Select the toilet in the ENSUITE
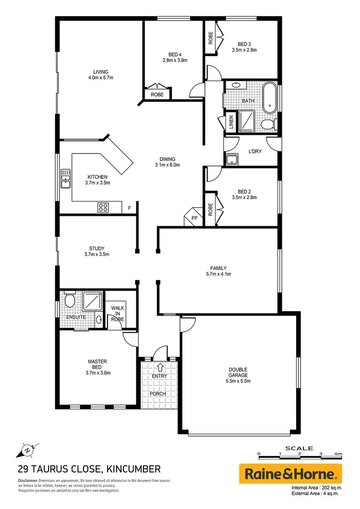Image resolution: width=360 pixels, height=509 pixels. [69, 300]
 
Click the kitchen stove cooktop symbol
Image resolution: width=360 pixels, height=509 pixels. [103, 207]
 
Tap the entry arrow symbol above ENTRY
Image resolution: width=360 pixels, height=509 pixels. [159, 368]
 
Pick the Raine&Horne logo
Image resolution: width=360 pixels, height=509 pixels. [290, 474]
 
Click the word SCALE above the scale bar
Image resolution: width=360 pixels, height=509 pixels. [299, 448]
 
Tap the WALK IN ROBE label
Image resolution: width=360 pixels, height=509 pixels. [118, 313]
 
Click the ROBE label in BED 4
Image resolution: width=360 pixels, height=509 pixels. [157, 95]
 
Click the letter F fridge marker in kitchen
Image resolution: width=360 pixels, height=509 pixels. [129, 208]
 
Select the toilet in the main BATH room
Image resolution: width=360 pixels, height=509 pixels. [268, 125]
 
